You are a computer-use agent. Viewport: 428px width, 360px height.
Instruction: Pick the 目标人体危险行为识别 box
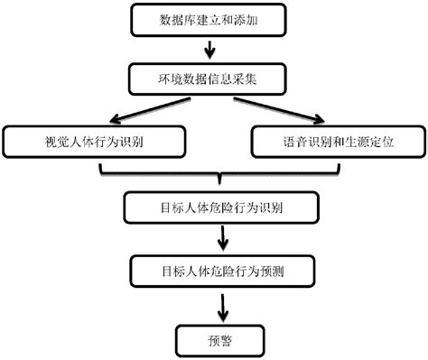220,207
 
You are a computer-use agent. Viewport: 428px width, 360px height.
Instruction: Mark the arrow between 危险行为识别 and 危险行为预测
221,238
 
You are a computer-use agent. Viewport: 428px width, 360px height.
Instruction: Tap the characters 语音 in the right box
294,141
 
